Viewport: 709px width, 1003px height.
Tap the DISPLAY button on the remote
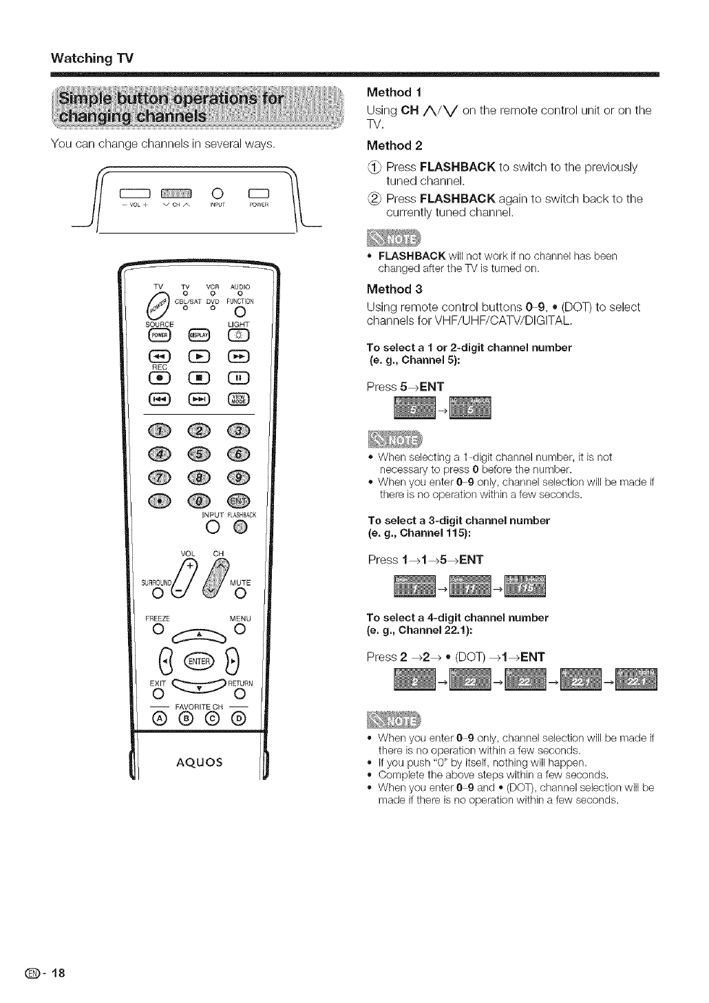point(198,335)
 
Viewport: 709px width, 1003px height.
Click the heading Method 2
point(394,145)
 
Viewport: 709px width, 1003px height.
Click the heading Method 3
point(394,289)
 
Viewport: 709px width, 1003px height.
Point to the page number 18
point(56,973)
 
